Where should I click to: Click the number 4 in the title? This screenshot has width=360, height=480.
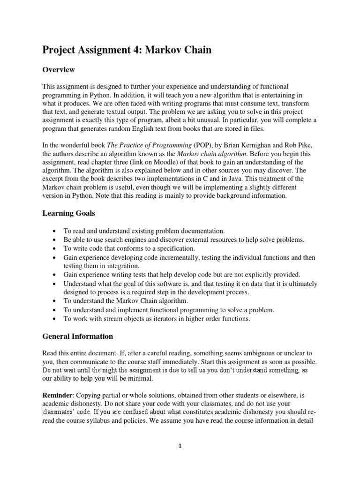[x=132, y=49]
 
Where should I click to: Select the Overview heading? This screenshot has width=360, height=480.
[x=59, y=70]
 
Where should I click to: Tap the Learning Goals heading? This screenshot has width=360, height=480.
[x=68, y=213]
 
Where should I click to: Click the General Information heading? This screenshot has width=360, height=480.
[x=77, y=336]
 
